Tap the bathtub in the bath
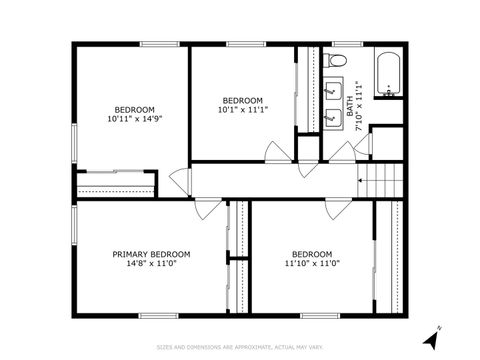pos(387,74)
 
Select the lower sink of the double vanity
pos(334,118)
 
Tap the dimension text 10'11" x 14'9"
pos(134,119)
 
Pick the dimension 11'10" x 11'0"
pos(312,264)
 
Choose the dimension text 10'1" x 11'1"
pos(242,110)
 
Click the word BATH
pos(351,98)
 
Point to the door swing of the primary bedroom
pos(207,211)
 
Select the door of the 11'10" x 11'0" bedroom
pos(338,210)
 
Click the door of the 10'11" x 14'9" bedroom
pos(180,182)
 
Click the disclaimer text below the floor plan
pos(239,347)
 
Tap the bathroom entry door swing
pos(347,152)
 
